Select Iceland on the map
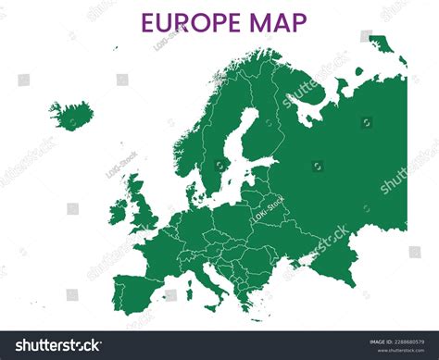(70, 115)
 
